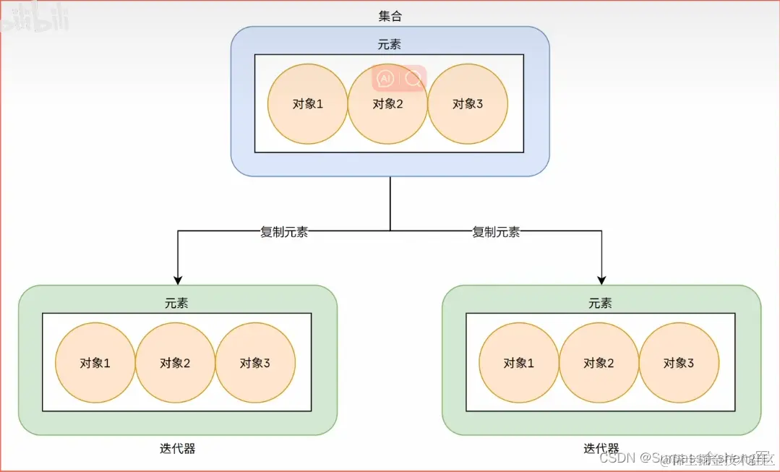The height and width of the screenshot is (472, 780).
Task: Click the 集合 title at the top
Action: (x=390, y=16)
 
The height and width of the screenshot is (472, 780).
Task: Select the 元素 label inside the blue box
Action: (x=389, y=45)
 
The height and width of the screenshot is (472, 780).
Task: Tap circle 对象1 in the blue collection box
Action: (x=308, y=103)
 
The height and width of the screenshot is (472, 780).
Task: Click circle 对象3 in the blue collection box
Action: (x=468, y=103)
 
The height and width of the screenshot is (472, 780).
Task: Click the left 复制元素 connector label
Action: (x=284, y=232)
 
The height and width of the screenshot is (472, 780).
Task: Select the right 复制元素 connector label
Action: (x=496, y=232)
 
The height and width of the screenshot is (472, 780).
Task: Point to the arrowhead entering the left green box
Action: (x=177, y=280)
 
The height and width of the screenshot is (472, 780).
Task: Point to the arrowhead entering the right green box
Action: (x=601, y=280)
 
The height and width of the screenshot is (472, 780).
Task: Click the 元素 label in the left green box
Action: (x=176, y=304)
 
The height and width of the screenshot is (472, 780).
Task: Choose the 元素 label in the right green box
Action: (x=600, y=304)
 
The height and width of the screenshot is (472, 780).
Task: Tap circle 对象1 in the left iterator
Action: (x=95, y=363)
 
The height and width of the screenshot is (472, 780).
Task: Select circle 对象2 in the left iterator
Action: (x=176, y=363)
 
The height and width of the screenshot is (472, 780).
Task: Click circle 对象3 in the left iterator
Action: (x=255, y=363)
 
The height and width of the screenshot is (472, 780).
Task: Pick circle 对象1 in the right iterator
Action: (x=519, y=363)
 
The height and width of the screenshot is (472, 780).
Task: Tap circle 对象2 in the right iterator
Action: (x=599, y=363)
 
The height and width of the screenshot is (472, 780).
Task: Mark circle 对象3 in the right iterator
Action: (x=679, y=363)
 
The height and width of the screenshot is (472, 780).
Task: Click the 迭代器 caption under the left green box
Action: (x=177, y=449)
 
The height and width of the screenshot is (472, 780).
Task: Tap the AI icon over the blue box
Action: (x=385, y=78)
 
